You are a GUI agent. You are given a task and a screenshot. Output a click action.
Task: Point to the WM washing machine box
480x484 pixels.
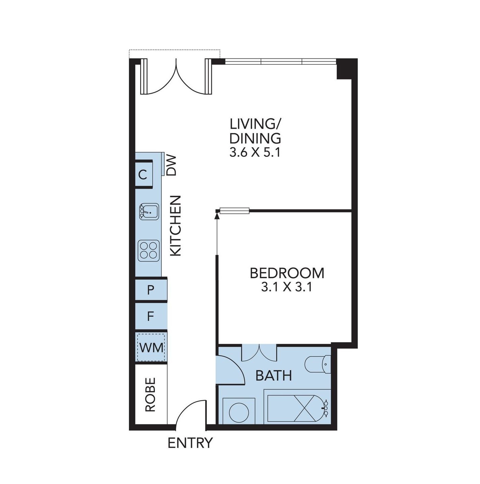151,348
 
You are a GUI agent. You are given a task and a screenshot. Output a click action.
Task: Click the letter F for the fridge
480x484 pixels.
150,317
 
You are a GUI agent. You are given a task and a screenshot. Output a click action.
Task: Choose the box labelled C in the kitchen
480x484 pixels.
144,175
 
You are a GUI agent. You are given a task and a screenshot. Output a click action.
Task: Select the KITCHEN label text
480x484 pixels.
175,226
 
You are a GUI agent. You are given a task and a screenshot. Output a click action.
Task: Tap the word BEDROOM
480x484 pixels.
287,273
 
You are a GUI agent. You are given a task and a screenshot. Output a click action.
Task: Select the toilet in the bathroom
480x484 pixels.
318,364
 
